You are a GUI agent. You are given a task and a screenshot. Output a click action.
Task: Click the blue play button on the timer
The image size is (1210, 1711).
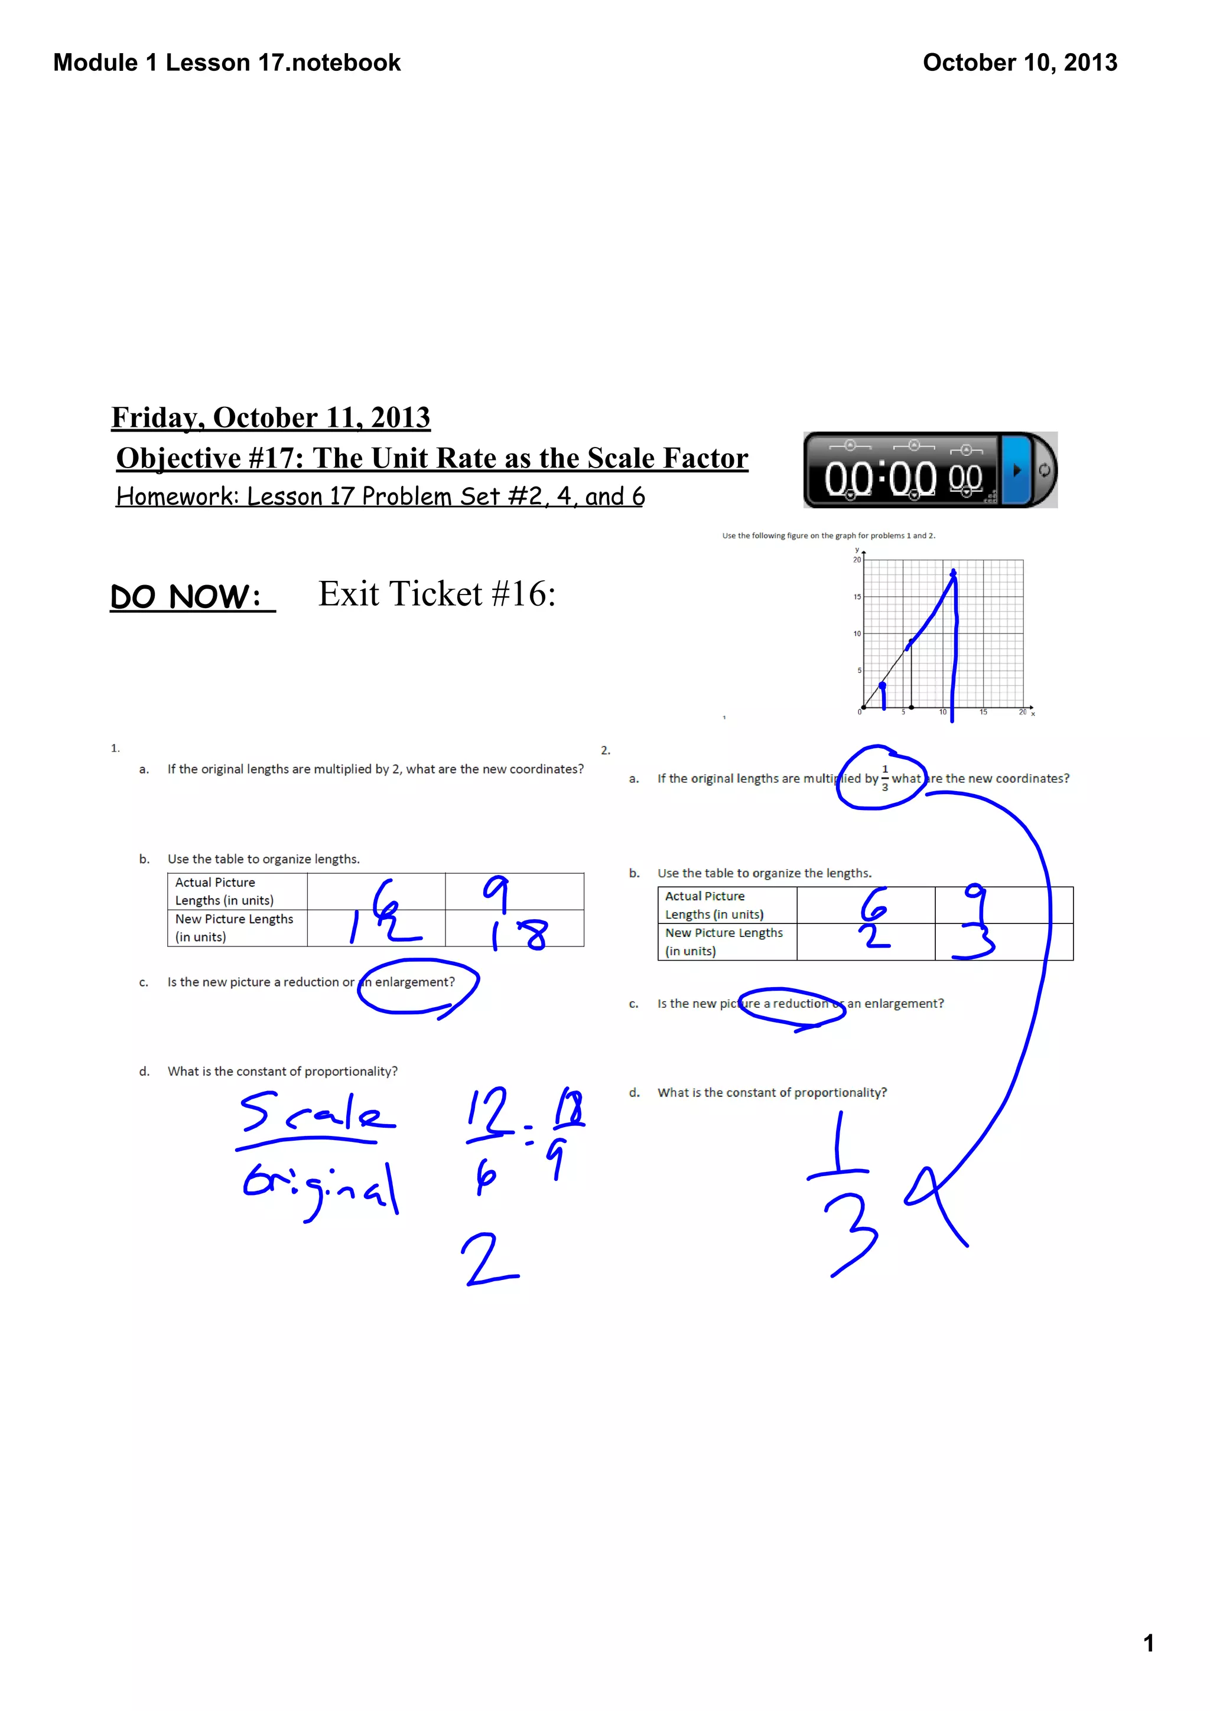pyautogui.click(x=1016, y=470)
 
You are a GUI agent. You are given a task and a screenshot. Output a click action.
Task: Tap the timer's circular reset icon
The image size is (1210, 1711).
pyautogui.click(x=1044, y=470)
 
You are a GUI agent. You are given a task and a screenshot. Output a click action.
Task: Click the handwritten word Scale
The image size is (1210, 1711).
pyautogui.click(x=316, y=1112)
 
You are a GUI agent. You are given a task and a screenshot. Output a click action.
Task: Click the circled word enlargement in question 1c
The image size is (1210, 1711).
pyautogui.click(x=415, y=982)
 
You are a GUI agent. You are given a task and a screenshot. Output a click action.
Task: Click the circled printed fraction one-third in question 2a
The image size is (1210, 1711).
pyautogui.click(x=885, y=778)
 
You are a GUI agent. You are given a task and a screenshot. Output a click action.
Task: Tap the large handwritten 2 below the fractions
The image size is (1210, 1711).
pyautogui.click(x=489, y=1259)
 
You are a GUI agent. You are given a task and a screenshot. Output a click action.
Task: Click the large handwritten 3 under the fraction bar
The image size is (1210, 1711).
pyautogui.click(x=852, y=1233)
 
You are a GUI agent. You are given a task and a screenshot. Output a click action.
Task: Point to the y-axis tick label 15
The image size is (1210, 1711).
pyautogui.click(x=857, y=597)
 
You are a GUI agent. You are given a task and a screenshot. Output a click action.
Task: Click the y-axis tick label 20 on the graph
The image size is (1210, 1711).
pyautogui.click(x=857, y=560)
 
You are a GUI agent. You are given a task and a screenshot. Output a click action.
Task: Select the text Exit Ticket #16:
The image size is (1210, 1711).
pyautogui.click(x=437, y=594)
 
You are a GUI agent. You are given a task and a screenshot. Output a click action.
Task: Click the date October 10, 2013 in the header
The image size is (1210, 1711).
pyautogui.click(x=1019, y=63)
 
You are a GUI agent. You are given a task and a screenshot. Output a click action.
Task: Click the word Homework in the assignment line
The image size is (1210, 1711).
pyautogui.click(x=176, y=497)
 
